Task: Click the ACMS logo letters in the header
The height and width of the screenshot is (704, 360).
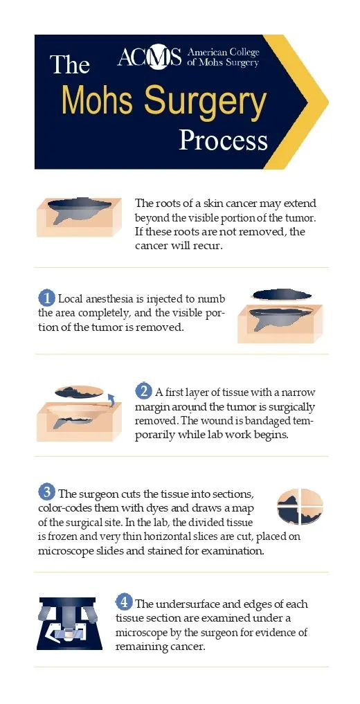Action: [x=149, y=57]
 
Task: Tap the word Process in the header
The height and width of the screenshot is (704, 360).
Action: [x=223, y=141]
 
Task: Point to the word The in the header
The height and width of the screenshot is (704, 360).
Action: [x=70, y=65]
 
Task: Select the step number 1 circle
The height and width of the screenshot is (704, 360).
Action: [x=46, y=298]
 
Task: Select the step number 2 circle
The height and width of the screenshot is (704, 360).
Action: [x=143, y=391]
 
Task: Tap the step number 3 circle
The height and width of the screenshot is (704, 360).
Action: [x=46, y=493]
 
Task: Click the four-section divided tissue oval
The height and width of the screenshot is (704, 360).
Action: [x=300, y=507]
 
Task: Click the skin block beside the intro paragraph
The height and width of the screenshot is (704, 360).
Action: [x=80, y=217]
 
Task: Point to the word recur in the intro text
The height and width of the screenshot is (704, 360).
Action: [x=208, y=246]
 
